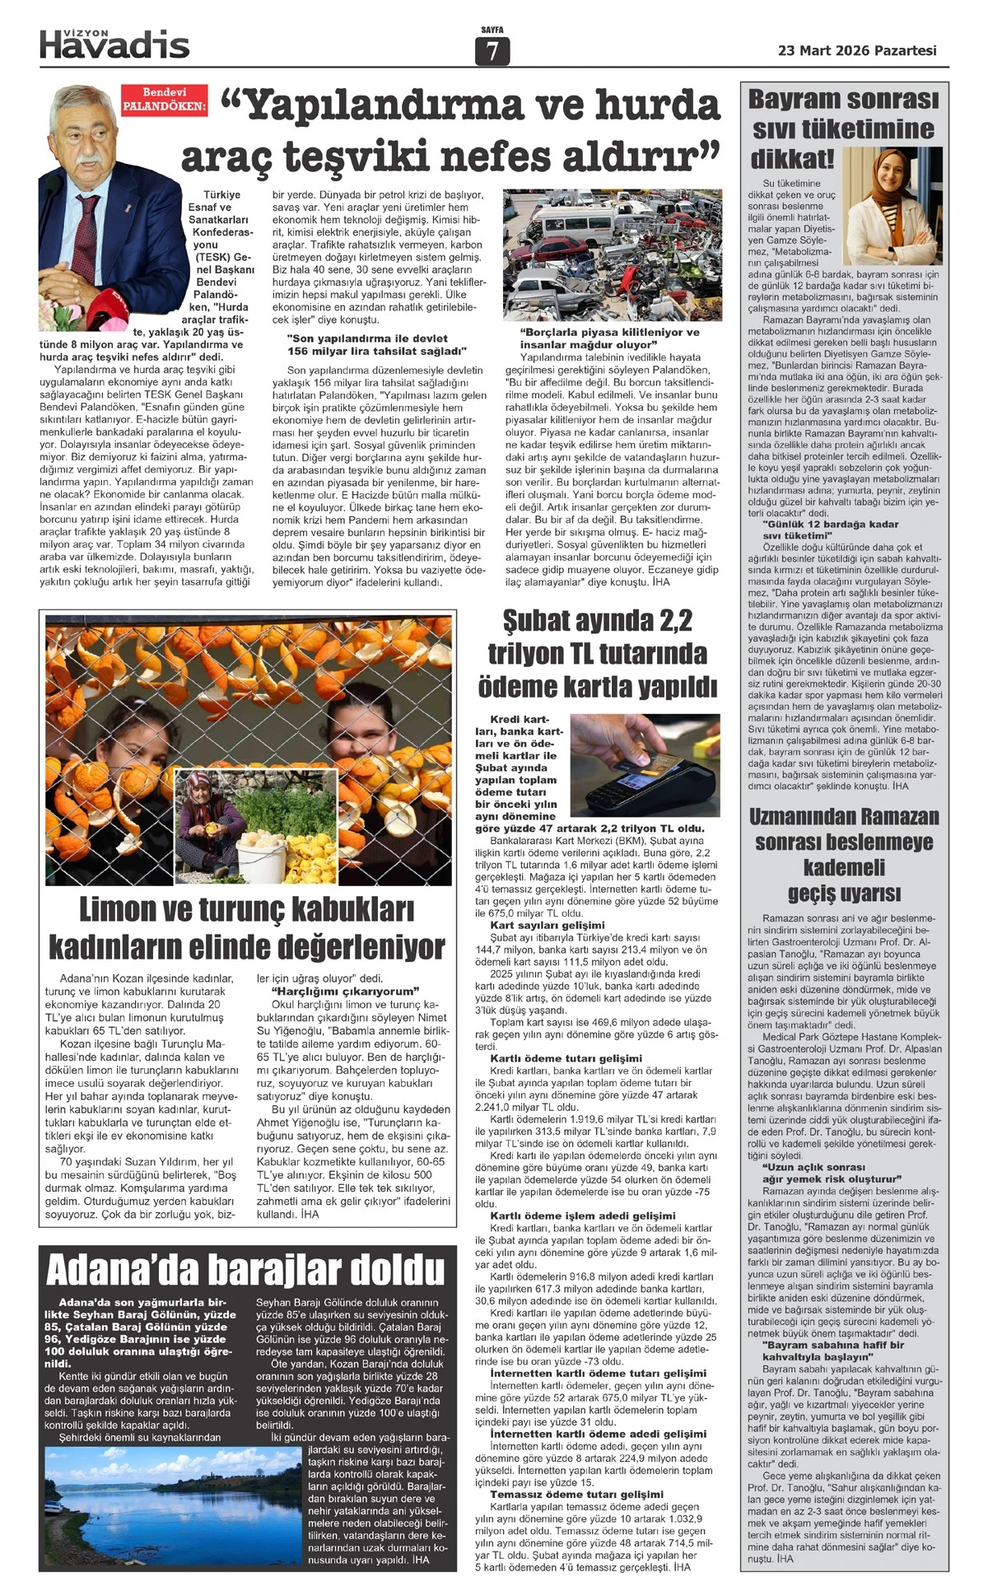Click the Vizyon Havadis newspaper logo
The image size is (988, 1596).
click(x=114, y=44)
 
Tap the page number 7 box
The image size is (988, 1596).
click(x=492, y=51)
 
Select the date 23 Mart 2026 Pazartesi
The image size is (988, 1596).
click(x=857, y=50)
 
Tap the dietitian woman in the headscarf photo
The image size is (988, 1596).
click(x=888, y=197)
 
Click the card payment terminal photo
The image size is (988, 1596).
click(x=645, y=763)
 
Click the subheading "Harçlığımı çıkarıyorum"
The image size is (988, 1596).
click(x=346, y=991)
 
